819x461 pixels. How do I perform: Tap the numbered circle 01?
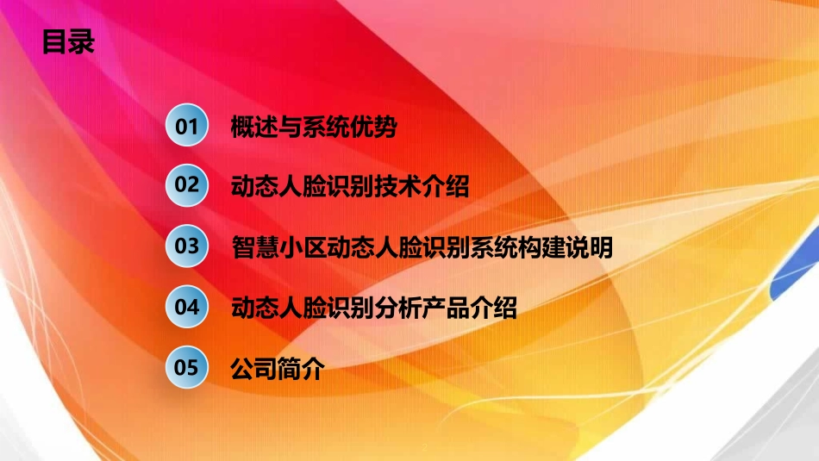coord(187,127)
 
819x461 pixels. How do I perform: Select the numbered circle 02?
coord(187,185)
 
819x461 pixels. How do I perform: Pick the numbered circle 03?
coord(187,246)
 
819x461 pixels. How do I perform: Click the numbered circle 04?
coord(187,306)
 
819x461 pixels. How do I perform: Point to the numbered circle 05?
coord(187,367)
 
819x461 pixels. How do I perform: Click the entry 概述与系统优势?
coord(314,128)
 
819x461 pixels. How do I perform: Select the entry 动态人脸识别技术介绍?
coord(350,187)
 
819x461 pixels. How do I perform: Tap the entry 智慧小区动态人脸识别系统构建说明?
coord(422,247)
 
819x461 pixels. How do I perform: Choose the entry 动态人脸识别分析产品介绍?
coord(374,308)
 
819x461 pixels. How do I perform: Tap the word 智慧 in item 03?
coord(254,247)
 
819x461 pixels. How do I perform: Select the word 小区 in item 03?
coord(302,247)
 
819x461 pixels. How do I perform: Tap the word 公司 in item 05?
coord(254,369)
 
